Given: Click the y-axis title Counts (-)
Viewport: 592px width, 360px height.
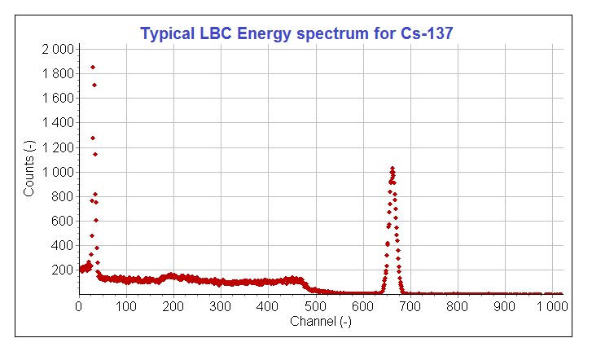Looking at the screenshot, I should coord(29,169).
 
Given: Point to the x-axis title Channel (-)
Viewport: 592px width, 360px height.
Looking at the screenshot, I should coord(321,322).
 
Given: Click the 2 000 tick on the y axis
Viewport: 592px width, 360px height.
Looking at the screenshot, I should coord(57,49).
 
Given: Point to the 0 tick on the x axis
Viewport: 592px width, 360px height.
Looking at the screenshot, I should coord(78,306).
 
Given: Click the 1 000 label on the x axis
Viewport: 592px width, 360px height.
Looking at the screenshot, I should coord(552,306).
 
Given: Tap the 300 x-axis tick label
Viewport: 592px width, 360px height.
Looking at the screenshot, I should coord(221,306).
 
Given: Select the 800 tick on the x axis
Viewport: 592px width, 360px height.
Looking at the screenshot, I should coord(458,306).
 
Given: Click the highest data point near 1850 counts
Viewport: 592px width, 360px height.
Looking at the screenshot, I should coord(93,67).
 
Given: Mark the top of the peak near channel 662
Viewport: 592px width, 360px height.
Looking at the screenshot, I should coord(392,168).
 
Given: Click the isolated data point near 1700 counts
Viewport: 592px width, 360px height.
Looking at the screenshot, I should coord(94,85).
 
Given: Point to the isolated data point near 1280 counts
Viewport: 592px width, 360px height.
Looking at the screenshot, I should coord(93,138).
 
